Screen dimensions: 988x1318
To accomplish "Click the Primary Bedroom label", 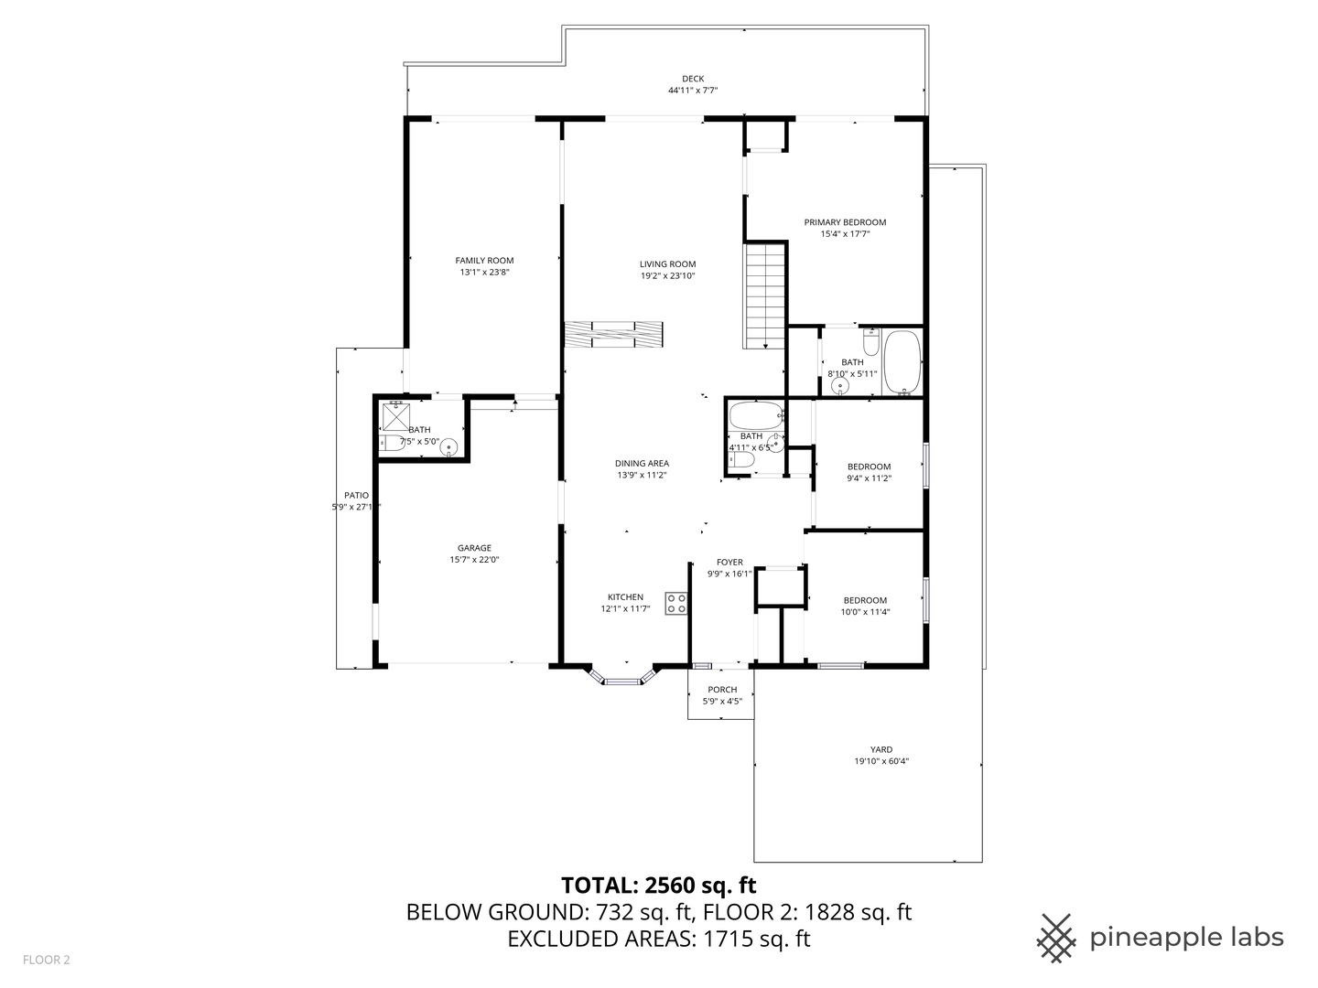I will click(x=845, y=222).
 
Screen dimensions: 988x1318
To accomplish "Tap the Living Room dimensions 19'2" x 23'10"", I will click(x=667, y=275).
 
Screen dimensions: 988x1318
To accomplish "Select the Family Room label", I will click(x=484, y=261).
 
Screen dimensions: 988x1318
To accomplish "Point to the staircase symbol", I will click(x=764, y=295).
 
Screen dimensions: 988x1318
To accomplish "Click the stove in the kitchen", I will click(x=676, y=603).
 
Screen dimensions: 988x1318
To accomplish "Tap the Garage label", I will click(x=474, y=548).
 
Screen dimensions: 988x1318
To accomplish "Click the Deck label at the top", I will click(x=693, y=79).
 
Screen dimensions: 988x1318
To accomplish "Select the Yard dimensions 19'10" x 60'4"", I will click(x=880, y=761).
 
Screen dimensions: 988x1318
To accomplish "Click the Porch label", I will click(x=722, y=690).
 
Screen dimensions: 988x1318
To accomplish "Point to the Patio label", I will click(x=356, y=495).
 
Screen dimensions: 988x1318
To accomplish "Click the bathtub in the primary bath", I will click(x=902, y=362).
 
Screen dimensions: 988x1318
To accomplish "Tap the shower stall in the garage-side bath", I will click(x=395, y=416).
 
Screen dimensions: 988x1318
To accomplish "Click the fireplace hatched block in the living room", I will click(x=613, y=334).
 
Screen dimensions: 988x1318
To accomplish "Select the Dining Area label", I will click(x=642, y=463).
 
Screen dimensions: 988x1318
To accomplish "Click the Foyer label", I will click(x=729, y=562).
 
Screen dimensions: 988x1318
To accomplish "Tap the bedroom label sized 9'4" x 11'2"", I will click(x=869, y=467).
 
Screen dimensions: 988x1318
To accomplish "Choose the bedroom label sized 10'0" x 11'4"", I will click(x=866, y=600).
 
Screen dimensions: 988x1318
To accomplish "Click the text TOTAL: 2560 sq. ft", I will click(x=658, y=885).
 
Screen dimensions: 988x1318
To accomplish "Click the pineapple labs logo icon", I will click(x=1056, y=938).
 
